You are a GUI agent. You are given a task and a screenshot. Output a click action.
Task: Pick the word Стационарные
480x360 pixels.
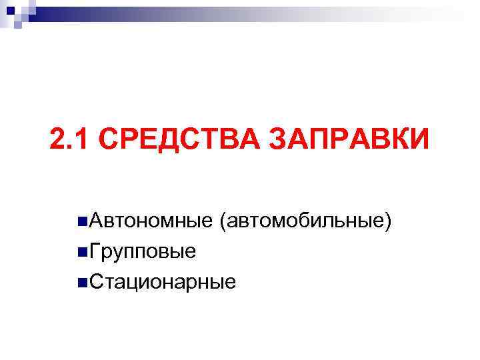click(162, 282)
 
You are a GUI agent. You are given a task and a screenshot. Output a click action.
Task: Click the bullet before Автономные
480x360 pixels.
click(81, 221)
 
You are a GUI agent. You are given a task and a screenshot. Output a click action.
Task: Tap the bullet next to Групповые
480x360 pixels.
click(81, 251)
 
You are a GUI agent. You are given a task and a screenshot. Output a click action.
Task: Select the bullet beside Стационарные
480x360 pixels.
click(81, 282)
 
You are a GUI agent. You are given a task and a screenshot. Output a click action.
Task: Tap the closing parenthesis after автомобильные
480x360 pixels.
click(387, 221)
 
